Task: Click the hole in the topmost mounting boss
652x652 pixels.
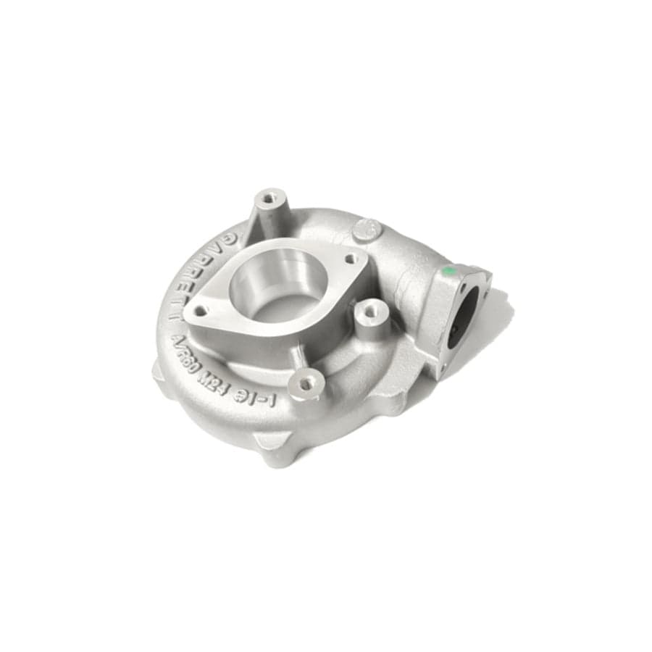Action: tap(269, 196)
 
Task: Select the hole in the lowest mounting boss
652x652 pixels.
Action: tap(306, 384)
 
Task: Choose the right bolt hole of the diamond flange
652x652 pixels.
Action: tap(351, 259)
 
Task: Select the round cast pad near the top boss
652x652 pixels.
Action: tap(364, 230)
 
